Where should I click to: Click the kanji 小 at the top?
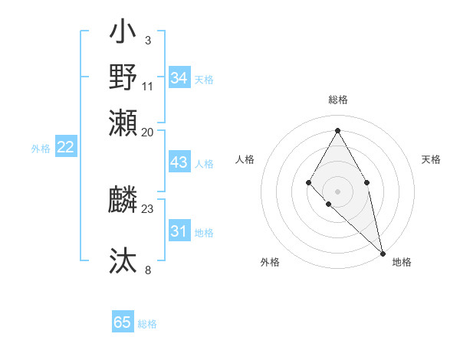pyautogui.click(x=123, y=34)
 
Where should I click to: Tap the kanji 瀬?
pyautogui.click(x=123, y=122)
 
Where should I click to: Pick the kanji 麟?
pyautogui.click(x=123, y=201)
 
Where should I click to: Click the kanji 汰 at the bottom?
pyautogui.click(x=123, y=260)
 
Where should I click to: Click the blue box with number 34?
pyautogui.click(x=179, y=77)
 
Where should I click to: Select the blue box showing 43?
pyautogui.click(x=179, y=163)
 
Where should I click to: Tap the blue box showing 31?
pyautogui.click(x=179, y=231)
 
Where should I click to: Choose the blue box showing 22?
pyautogui.click(x=65, y=148)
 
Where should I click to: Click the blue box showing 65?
pyautogui.click(x=123, y=322)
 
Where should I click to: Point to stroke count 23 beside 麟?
pyautogui.click(x=148, y=208)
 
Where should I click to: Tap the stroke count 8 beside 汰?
pyautogui.click(x=148, y=270)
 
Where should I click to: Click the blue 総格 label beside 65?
pyautogui.click(x=147, y=324)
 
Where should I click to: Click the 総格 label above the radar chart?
pyautogui.click(x=337, y=100)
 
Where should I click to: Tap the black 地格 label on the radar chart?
pyautogui.click(x=402, y=263)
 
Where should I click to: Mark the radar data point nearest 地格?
pyautogui.click(x=383, y=253)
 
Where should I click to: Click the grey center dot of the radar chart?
pyautogui.click(x=337, y=191)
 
